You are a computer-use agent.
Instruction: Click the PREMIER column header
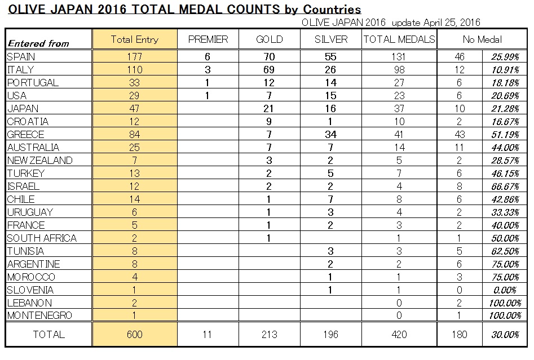pyautogui.click(x=208, y=39)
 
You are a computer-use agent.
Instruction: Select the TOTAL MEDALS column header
pyautogui.click(x=399, y=39)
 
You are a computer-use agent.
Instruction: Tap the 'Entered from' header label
pyautogui.click(x=38, y=43)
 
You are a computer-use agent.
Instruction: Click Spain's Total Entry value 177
pyautogui.click(x=135, y=56)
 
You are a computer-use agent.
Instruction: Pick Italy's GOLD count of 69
pyautogui.click(x=269, y=70)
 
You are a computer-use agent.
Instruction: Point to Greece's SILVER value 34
pyautogui.click(x=330, y=135)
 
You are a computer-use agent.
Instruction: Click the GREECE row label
pyautogui.click(x=25, y=135)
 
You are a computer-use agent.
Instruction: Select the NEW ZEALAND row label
pyautogui.click(x=40, y=160)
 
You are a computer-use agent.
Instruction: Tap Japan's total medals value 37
pyautogui.click(x=399, y=109)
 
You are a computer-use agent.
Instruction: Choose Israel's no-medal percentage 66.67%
pyautogui.click(x=505, y=186)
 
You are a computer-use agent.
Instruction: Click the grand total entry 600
pyautogui.click(x=135, y=335)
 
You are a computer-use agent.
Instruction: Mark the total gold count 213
pyautogui.click(x=270, y=335)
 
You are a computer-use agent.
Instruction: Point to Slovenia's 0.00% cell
pyautogui.click(x=505, y=290)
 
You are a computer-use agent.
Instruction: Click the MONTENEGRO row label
pyautogui.click(x=40, y=315)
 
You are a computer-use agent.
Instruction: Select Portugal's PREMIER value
pyautogui.click(x=208, y=83)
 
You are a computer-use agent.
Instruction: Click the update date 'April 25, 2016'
pyautogui.click(x=452, y=23)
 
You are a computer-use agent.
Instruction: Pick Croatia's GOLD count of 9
pyautogui.click(x=269, y=122)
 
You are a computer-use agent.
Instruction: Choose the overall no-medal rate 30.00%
pyautogui.click(x=505, y=335)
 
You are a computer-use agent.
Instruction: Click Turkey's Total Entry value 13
pyautogui.click(x=135, y=174)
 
